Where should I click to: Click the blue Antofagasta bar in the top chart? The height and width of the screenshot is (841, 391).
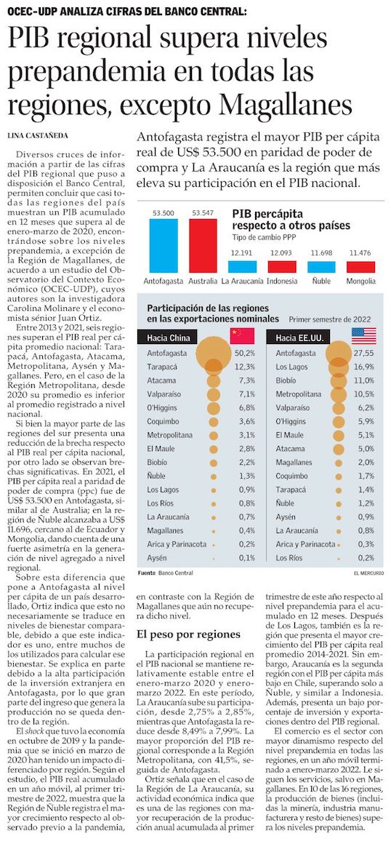(164, 246)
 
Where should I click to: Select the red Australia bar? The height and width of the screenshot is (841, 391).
(203, 246)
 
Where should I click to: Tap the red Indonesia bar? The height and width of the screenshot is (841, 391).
(282, 266)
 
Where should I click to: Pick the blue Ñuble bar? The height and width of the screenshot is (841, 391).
(321, 267)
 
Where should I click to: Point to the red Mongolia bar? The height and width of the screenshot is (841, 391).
(360, 267)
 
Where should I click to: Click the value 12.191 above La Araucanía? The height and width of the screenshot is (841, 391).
(242, 253)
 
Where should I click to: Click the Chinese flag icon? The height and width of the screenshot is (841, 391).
(242, 336)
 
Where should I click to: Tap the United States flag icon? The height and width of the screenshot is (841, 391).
(364, 336)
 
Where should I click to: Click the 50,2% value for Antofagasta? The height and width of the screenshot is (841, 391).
(244, 354)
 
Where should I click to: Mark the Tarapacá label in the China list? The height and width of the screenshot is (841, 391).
(161, 367)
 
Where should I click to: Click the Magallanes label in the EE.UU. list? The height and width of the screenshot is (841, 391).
(293, 462)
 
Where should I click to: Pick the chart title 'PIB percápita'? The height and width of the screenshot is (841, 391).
(267, 213)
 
